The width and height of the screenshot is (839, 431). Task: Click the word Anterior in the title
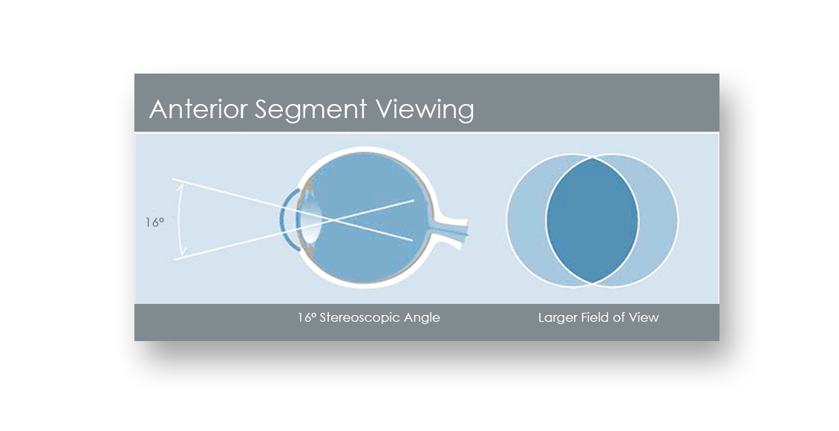tap(198, 108)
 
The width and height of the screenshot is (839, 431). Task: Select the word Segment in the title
tap(310, 110)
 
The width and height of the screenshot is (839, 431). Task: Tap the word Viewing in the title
tap(424, 110)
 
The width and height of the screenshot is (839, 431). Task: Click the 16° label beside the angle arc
tap(154, 221)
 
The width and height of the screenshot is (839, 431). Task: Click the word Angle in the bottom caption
tap(422, 318)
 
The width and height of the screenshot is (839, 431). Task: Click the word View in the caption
tap(644, 317)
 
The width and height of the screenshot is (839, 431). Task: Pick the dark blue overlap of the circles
tap(592, 220)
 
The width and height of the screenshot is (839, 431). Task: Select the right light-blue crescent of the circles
tap(658, 220)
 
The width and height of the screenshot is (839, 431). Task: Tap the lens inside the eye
tap(313, 219)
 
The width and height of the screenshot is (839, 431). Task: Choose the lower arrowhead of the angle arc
tap(182, 251)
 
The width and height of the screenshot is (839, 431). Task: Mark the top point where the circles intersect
tap(592, 158)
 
